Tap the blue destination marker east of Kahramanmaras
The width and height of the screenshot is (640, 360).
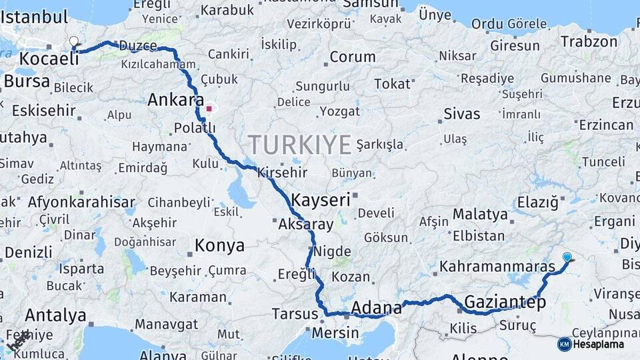pyautogui.click(x=567, y=257)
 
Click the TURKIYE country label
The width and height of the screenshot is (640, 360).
pyautogui.click(x=299, y=145)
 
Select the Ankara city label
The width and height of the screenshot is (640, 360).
pyautogui.click(x=175, y=101)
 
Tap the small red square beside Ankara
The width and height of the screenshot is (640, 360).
pyautogui.click(x=209, y=108)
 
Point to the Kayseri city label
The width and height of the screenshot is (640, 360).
pyautogui.click(x=320, y=199)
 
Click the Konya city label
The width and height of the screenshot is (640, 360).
pyautogui.click(x=219, y=246)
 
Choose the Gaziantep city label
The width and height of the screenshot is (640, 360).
pyautogui.click(x=505, y=302)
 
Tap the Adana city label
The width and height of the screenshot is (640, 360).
pyautogui.click(x=376, y=308)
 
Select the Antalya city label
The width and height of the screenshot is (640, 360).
pyautogui.click(x=55, y=315)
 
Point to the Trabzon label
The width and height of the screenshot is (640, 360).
pyautogui.click(x=589, y=41)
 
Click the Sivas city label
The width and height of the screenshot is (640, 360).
pyautogui.click(x=462, y=113)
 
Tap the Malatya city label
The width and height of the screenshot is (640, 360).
pyautogui.click(x=480, y=215)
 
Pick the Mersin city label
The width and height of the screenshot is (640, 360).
pyautogui.click(x=335, y=332)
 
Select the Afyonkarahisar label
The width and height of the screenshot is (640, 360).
pyautogui.click(x=81, y=202)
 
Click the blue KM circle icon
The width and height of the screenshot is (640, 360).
pyautogui.click(x=564, y=344)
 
